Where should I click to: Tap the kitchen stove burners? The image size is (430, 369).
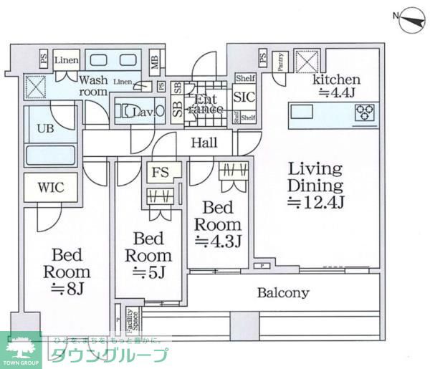click(365, 112)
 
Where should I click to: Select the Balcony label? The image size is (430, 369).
click(283, 292)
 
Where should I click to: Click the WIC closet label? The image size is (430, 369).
click(51, 188)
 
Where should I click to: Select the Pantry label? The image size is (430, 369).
click(281, 60)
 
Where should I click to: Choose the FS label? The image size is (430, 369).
click(159, 172)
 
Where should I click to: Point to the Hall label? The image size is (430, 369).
click(204, 143)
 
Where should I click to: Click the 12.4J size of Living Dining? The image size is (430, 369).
click(315, 203)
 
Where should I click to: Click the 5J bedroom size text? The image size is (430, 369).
click(149, 273)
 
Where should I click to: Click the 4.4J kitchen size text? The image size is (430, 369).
click(335, 93)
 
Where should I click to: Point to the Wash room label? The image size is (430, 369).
click(93, 85)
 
